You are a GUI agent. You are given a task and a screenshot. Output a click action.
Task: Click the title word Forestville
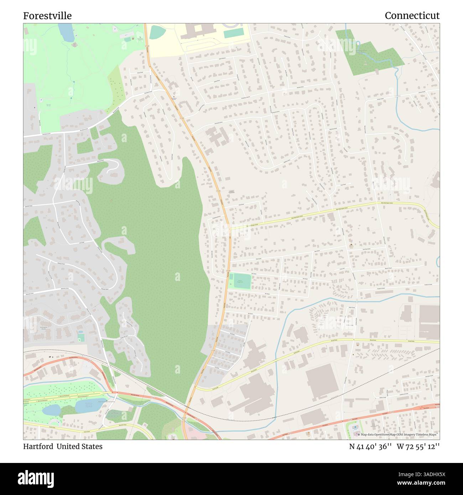click(x=47, y=16)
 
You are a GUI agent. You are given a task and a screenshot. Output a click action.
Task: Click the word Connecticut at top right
click(x=412, y=16)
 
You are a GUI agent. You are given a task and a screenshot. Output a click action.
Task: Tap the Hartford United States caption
click(x=63, y=447)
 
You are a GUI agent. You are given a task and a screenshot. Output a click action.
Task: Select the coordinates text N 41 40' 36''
click(x=369, y=447)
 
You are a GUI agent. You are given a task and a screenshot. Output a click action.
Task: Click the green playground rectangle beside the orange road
click(x=240, y=281)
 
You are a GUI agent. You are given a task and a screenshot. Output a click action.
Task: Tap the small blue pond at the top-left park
click(x=66, y=32)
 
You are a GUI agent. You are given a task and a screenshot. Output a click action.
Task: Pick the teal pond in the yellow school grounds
click(x=156, y=32)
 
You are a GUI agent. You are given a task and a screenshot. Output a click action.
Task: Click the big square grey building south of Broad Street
click(x=321, y=382)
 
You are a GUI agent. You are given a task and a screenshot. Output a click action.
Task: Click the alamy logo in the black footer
click(x=37, y=478)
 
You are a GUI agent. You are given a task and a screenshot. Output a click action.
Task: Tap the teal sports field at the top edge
click(x=234, y=33)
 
